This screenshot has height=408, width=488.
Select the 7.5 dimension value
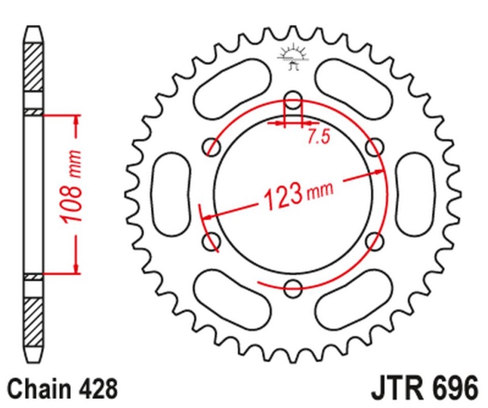click(x=318, y=137)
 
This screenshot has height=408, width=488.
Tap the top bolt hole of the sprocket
click(x=293, y=100)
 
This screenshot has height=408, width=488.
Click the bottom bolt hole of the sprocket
click(x=293, y=285)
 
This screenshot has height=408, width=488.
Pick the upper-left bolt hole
click(x=212, y=146)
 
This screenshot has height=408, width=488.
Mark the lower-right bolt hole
click(x=373, y=239)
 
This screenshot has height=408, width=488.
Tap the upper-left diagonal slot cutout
click(x=232, y=86)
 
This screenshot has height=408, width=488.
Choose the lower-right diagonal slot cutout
click(x=353, y=299)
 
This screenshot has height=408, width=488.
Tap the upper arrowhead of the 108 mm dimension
click(x=76, y=119)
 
